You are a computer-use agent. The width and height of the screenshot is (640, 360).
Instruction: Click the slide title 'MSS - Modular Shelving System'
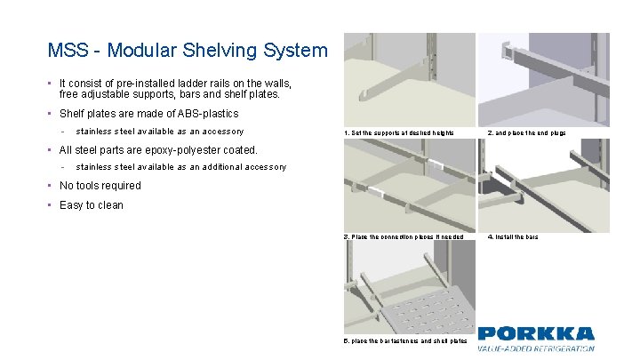click(188, 51)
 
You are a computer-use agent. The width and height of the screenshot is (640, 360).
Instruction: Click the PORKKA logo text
click(536, 334)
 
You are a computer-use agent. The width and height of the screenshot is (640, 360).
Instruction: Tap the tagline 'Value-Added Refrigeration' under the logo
click(536, 348)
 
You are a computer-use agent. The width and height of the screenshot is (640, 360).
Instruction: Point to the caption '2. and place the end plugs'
click(526, 132)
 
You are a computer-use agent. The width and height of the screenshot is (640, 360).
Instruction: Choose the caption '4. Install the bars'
click(513, 236)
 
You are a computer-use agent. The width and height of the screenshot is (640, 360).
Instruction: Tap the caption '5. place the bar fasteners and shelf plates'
click(405, 341)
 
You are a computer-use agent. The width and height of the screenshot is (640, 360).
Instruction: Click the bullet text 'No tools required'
click(100, 186)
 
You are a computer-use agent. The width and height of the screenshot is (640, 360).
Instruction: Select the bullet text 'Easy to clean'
click(92, 205)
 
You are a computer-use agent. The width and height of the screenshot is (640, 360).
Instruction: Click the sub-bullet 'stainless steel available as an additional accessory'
click(181, 167)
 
